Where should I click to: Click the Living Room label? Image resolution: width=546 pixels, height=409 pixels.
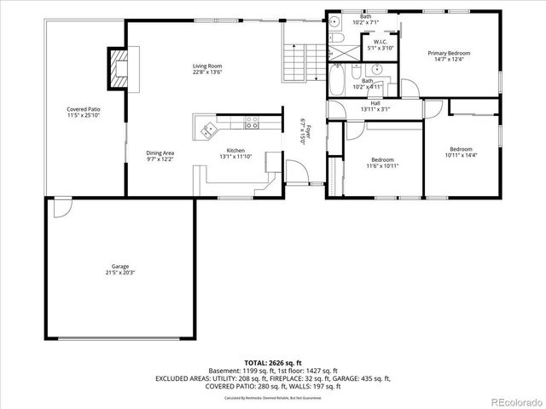pos(206,66)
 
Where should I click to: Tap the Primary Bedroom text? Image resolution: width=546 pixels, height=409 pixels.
pos(449,53)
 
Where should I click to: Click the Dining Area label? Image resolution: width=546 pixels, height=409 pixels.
pos(160,153)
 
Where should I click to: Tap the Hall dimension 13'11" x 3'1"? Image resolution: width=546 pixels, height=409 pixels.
pos(375,109)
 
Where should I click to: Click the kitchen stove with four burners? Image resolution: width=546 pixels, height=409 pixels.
pos(253,124)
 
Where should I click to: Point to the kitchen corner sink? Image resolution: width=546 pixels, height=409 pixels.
pos(207,130)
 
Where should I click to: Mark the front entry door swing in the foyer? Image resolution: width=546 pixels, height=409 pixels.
pos(297,173)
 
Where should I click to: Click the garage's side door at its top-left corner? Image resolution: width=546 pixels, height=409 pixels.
pos(62,207)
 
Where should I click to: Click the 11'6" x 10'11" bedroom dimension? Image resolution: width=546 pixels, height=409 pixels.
pos(383,165)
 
